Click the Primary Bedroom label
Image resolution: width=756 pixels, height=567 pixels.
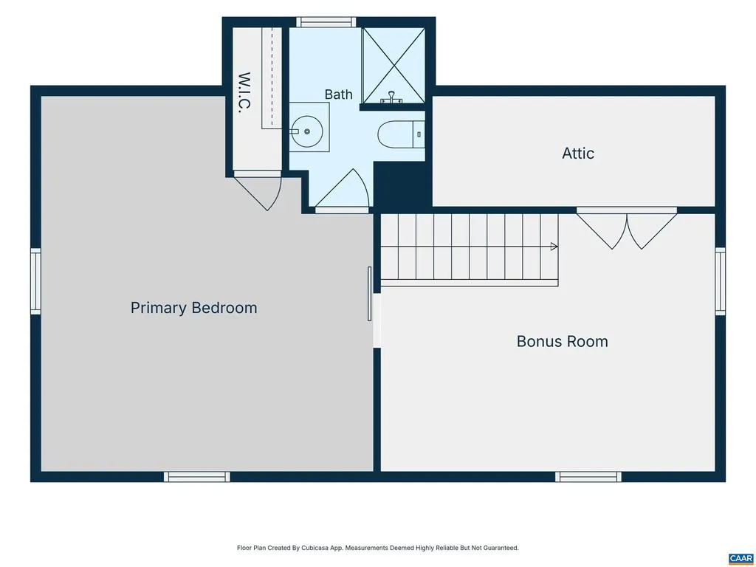(x=194, y=308)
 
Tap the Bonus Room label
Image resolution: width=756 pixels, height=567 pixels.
(x=562, y=341)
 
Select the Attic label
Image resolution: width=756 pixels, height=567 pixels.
(x=578, y=154)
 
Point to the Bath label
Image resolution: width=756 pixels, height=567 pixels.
(x=338, y=94)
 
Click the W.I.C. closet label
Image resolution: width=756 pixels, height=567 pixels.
(x=245, y=92)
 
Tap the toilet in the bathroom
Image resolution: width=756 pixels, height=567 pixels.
(x=401, y=134)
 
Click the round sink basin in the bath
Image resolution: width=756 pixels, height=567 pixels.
(x=306, y=131)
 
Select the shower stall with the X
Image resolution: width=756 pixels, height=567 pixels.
(x=394, y=65)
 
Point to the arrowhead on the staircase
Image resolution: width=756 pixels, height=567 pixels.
(x=554, y=247)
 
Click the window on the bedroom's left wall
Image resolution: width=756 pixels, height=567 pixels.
(x=35, y=281)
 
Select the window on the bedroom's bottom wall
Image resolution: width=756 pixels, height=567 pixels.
(x=196, y=476)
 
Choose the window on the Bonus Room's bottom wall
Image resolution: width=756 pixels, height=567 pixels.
(x=588, y=476)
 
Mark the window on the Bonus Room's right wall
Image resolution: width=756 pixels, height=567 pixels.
(x=720, y=281)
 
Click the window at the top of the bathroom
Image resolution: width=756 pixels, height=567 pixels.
(x=326, y=22)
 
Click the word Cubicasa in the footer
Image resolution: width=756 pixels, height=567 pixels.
(x=315, y=549)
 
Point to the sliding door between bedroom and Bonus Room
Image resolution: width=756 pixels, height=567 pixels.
(x=370, y=294)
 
